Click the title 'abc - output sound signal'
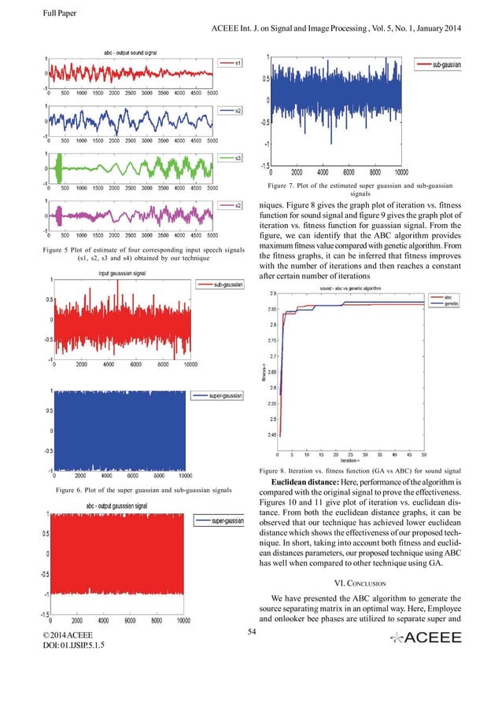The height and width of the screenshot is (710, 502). [131, 51]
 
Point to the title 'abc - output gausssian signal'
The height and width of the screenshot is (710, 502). [122, 506]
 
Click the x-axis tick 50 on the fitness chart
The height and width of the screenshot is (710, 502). [424, 454]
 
